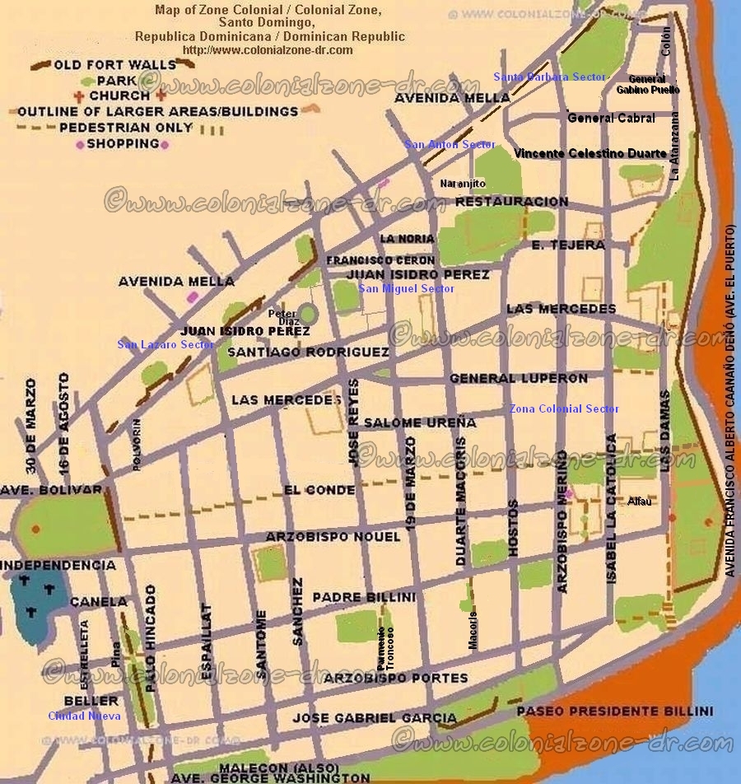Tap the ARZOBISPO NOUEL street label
pos(333,537)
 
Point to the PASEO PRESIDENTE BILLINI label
pos(614,711)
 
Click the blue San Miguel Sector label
pos(406,289)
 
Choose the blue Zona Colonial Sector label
pos(564,409)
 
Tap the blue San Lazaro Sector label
pos(165,345)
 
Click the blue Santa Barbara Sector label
pos(549,77)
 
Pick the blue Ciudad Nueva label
pos(84,716)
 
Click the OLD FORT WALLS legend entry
pos(115,64)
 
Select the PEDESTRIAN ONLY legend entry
pos(126,128)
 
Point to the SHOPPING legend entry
pos(123,143)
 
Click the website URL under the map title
pos(268,49)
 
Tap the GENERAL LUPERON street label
pos(519,379)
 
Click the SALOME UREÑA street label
pos(420,422)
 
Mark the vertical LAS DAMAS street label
pos(664,430)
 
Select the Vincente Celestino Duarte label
pos(590,153)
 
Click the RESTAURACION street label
pos(511,202)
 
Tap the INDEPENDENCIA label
pos(58,566)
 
